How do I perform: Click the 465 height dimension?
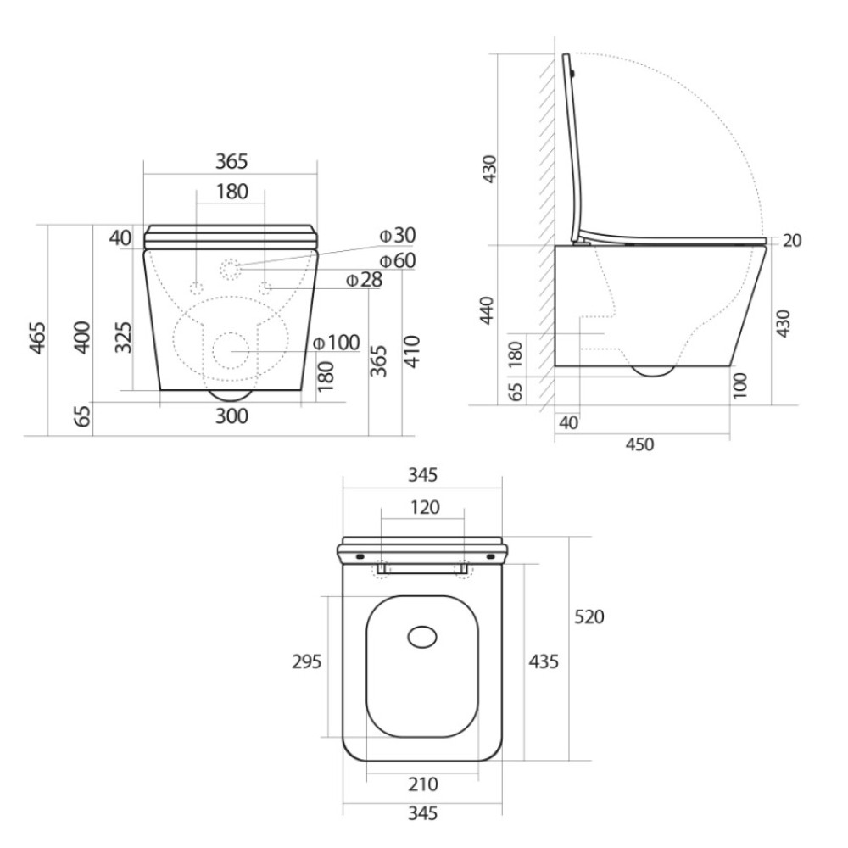pos(37,338)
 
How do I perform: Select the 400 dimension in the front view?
pos(82,338)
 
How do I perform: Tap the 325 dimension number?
pos(123,338)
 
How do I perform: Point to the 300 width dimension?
pos(232,416)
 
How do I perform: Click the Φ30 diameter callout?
pos(398,235)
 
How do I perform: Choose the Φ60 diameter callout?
pos(398,260)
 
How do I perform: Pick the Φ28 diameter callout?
pos(364,280)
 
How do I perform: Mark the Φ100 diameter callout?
pos(337,343)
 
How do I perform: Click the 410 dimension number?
pos(412,352)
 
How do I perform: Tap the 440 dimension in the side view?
pos(488,310)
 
